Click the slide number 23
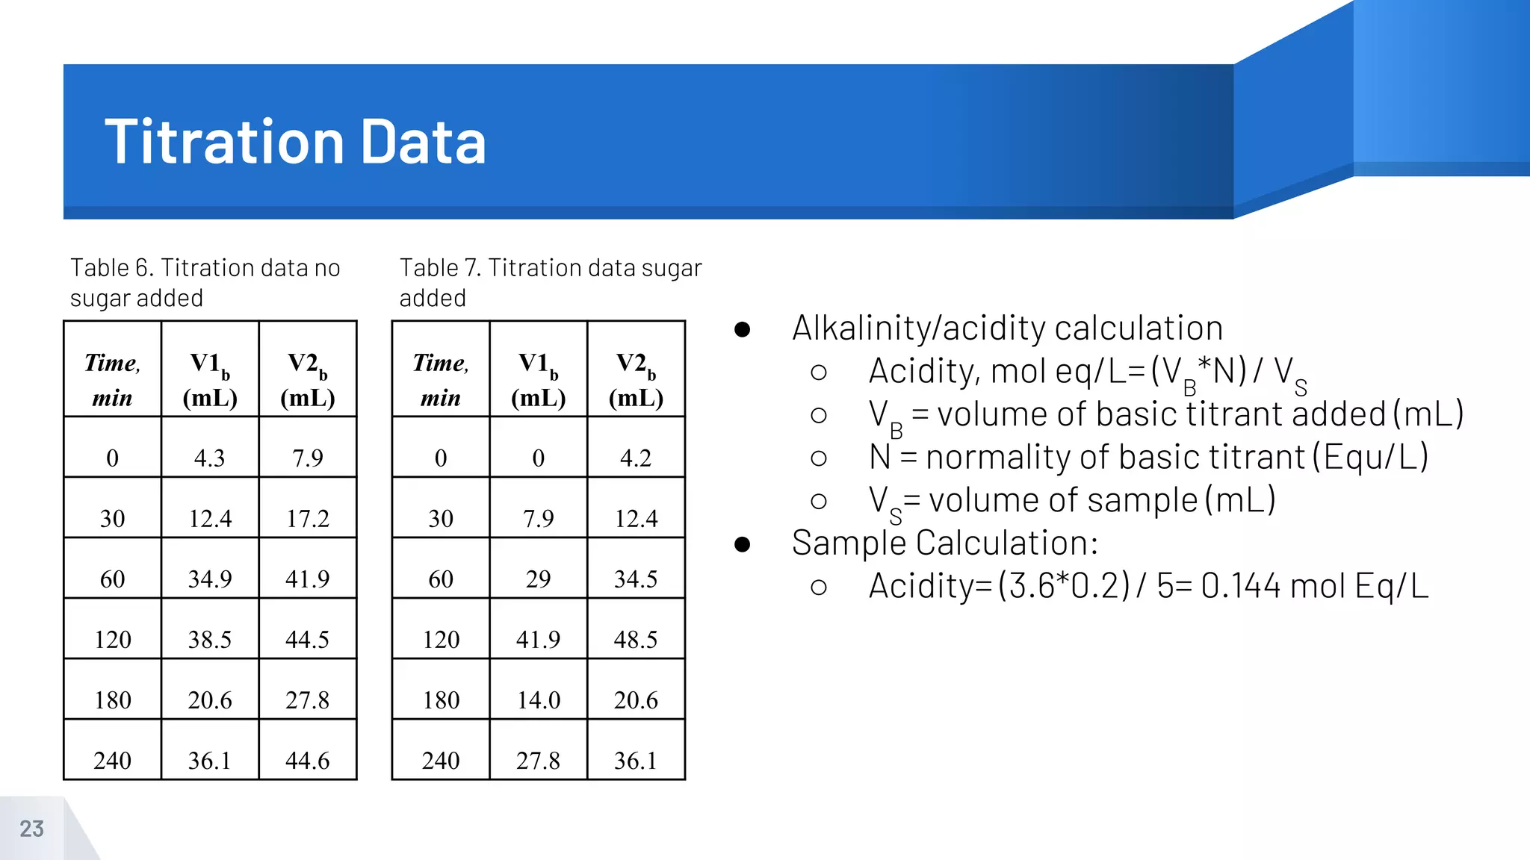[x=31, y=829]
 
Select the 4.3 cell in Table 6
[x=210, y=458]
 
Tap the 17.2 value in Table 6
[x=308, y=518]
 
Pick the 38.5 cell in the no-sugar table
[x=210, y=639]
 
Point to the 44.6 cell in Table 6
[x=308, y=760]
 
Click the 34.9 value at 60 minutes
[x=210, y=579]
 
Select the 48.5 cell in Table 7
[x=636, y=639]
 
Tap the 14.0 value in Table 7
[x=539, y=699]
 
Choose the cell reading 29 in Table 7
[x=539, y=579]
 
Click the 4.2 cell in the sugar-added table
[x=636, y=458]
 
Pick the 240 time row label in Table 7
[x=441, y=760]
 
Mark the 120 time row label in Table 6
[x=113, y=639]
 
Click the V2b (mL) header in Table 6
[x=308, y=379]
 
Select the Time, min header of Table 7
[x=441, y=379]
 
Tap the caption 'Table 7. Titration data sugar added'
[x=551, y=282]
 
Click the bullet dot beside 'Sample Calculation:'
[x=742, y=544]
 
